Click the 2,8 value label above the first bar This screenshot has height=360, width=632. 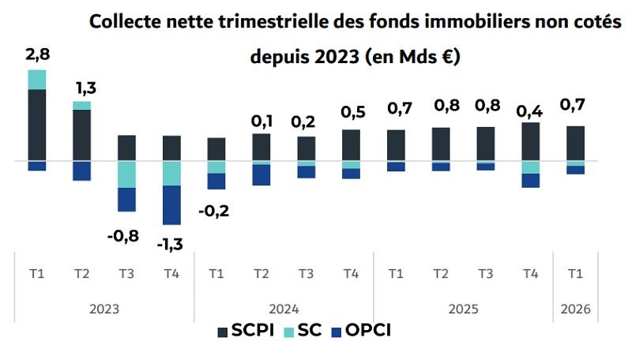37,54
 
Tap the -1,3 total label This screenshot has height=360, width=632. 170,244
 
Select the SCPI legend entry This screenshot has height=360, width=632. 246,331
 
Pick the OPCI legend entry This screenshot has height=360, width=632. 361,331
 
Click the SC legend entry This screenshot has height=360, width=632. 303,331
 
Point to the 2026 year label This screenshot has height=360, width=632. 575,309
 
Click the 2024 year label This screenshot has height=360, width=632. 284,309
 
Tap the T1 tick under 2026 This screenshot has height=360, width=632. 575,274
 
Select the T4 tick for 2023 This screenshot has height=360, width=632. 171,274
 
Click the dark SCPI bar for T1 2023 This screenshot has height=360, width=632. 36,126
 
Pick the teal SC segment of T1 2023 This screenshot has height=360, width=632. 36,80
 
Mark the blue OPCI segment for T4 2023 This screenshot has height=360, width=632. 171,205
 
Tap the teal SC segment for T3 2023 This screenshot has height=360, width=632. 126,174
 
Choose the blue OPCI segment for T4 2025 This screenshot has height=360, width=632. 531,181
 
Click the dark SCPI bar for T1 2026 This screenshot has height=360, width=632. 576,144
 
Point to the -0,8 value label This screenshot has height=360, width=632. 123,236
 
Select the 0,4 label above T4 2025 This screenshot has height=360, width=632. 529,111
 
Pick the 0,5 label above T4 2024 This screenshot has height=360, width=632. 353,112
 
